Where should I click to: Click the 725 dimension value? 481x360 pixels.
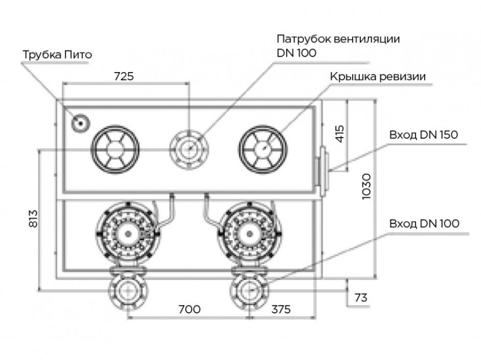(x=123, y=76)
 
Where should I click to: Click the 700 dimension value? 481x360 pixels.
(x=189, y=309)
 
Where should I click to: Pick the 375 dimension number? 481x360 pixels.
(x=280, y=309)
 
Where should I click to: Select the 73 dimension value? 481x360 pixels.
(x=361, y=298)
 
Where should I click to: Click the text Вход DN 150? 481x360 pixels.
(x=423, y=135)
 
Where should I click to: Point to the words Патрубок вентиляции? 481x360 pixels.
(x=338, y=39)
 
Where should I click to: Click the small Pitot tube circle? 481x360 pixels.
(x=80, y=122)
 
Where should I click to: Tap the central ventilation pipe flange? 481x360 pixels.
(x=188, y=149)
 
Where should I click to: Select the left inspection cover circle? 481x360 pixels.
(x=116, y=149)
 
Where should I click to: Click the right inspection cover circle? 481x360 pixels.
(x=263, y=149)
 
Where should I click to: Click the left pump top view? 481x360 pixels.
(x=125, y=234)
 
